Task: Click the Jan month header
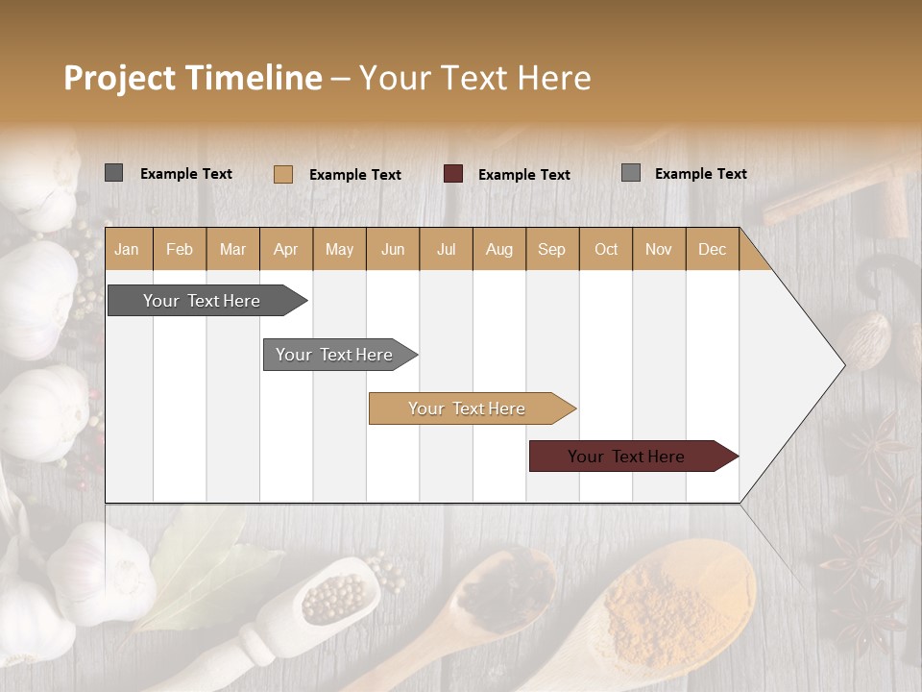coord(127,249)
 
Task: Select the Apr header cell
coord(285,249)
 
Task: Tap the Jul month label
coord(446,249)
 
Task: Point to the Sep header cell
coord(551,249)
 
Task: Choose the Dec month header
coord(712,249)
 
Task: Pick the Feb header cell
coord(180,249)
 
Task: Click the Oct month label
coord(606,249)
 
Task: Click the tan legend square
coord(282,174)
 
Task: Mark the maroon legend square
coord(453,174)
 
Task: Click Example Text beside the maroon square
coord(524,175)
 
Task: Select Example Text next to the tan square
coord(355,175)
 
